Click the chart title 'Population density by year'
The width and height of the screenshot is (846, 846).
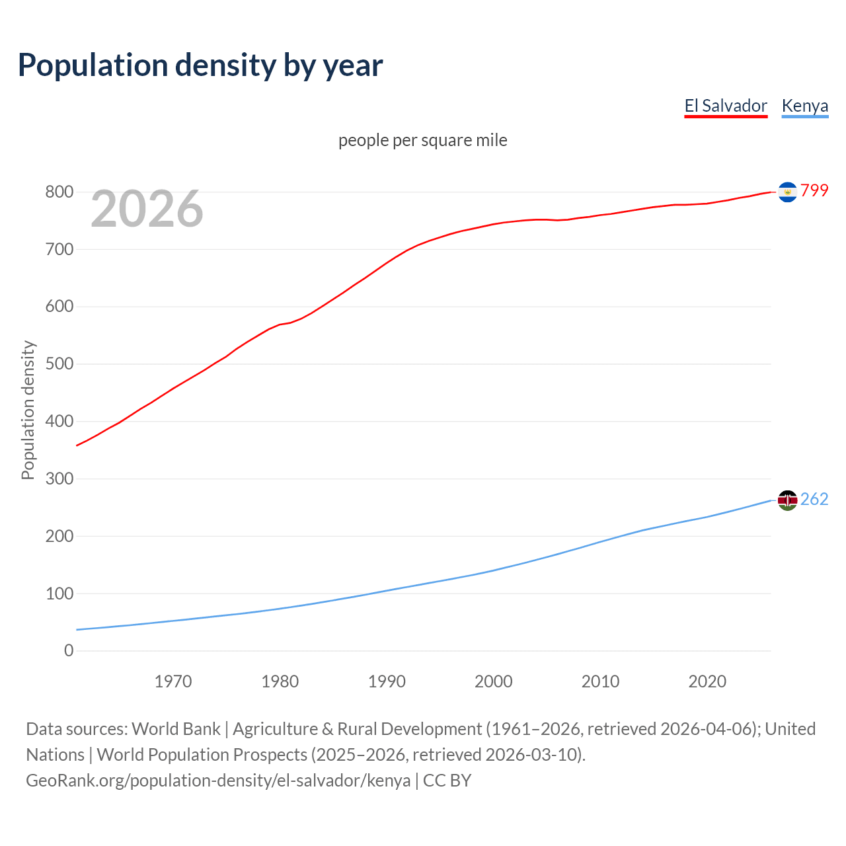coord(200,65)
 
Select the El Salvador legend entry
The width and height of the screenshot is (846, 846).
coord(726,106)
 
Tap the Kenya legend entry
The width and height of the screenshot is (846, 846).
coord(804,106)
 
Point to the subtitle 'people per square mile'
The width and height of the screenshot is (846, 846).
coord(422,140)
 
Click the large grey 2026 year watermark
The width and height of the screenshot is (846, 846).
coord(147,209)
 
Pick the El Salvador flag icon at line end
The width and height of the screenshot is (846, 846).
coord(787,192)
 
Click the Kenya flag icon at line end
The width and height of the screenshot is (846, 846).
coord(787,500)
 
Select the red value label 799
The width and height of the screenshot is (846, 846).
coord(814,190)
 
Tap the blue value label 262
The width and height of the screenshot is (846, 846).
coord(814,499)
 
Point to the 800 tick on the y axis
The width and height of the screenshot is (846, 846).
coord(59,192)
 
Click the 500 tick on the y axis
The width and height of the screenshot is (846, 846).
coord(59,364)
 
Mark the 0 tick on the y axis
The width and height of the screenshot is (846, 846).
coord(69,651)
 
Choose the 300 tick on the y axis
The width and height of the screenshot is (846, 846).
coord(59,479)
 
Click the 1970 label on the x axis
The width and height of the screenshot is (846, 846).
coord(173,681)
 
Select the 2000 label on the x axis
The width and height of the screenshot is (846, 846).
coord(494,681)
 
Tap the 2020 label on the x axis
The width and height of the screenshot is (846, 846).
coord(707,681)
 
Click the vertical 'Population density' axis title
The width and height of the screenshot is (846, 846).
coord(28,410)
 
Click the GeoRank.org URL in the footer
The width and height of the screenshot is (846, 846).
coord(218,781)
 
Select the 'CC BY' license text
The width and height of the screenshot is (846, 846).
coord(447,781)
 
